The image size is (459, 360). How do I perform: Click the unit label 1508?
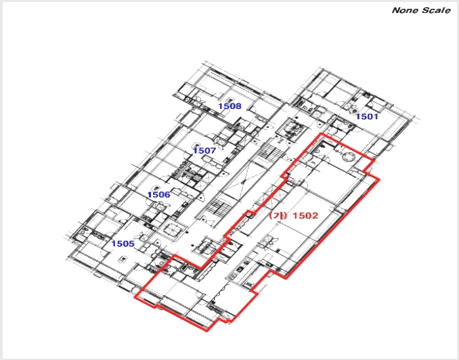[230, 106]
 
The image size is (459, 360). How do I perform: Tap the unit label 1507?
[204, 151]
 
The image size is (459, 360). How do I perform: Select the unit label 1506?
[158, 195]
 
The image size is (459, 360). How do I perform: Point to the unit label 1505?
[123, 244]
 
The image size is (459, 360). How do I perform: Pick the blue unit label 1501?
[367, 116]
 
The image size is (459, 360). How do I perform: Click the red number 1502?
[305, 216]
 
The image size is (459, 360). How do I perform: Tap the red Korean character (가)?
[279, 216]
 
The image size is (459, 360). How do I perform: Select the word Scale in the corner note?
[436, 10]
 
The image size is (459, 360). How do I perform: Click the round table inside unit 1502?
[350, 157]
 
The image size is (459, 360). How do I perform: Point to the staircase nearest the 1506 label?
[219, 207]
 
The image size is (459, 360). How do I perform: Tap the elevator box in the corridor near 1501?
[292, 129]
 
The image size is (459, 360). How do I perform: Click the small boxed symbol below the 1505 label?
[123, 258]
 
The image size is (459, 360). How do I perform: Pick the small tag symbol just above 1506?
[156, 187]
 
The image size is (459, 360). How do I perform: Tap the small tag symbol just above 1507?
[196, 145]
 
